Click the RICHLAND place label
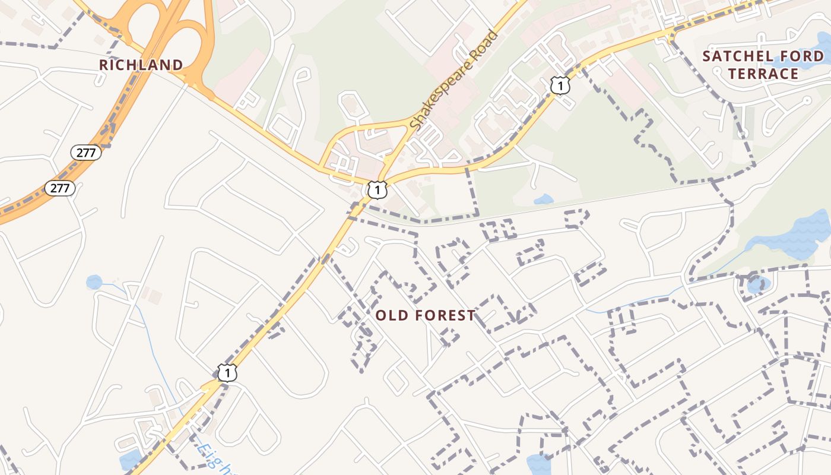pyautogui.click(x=141, y=65)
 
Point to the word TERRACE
pyautogui.click(x=763, y=74)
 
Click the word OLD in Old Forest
pyautogui.click(x=389, y=316)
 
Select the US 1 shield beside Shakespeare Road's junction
pyautogui.click(x=378, y=189)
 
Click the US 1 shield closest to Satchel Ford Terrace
pyautogui.click(x=560, y=85)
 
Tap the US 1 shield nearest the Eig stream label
pyautogui.click(x=227, y=373)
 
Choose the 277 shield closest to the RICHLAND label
pyautogui.click(x=86, y=153)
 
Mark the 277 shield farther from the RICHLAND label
pyautogui.click(x=60, y=189)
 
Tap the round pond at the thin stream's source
pyautogui.click(x=94, y=282)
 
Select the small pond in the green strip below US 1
pyautogui.click(x=543, y=199)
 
